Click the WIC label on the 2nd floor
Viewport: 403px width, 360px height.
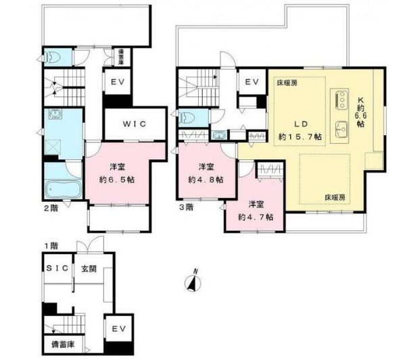coord(134,124)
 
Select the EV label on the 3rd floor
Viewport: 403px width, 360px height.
coord(252,82)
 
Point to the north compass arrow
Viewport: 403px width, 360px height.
coord(193,282)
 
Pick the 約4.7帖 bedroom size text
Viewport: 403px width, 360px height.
coord(256,217)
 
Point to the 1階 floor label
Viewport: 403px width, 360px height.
coord(49,247)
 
